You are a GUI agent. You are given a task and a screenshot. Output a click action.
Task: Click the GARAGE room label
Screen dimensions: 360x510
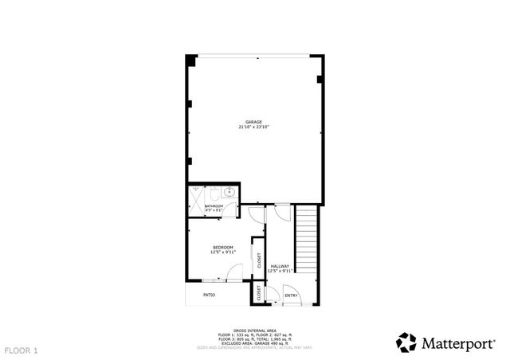click(253, 122)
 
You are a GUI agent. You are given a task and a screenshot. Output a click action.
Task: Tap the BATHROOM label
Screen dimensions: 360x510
click(214, 206)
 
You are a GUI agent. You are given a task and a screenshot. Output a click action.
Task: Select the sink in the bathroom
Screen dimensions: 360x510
click(229, 191)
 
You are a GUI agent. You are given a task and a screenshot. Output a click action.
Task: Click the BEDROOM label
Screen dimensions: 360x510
click(222, 248)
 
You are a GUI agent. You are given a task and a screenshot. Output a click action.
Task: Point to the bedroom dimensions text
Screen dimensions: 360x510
click(222, 252)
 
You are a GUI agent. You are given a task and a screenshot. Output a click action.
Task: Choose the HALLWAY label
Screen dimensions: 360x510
click(280, 266)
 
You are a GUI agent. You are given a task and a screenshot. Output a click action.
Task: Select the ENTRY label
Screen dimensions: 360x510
click(291, 295)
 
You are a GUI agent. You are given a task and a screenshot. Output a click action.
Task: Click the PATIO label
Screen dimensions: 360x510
click(209, 295)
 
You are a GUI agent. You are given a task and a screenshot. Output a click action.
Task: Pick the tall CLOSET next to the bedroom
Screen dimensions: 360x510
click(258, 258)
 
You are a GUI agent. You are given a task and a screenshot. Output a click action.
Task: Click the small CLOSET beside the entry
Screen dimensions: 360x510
click(259, 294)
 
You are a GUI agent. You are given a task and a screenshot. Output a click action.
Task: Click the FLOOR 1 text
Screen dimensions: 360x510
click(21, 350)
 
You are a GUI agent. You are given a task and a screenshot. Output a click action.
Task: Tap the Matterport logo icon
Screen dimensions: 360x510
click(406, 342)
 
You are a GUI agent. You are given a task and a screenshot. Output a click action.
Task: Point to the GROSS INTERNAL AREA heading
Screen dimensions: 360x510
click(250, 329)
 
